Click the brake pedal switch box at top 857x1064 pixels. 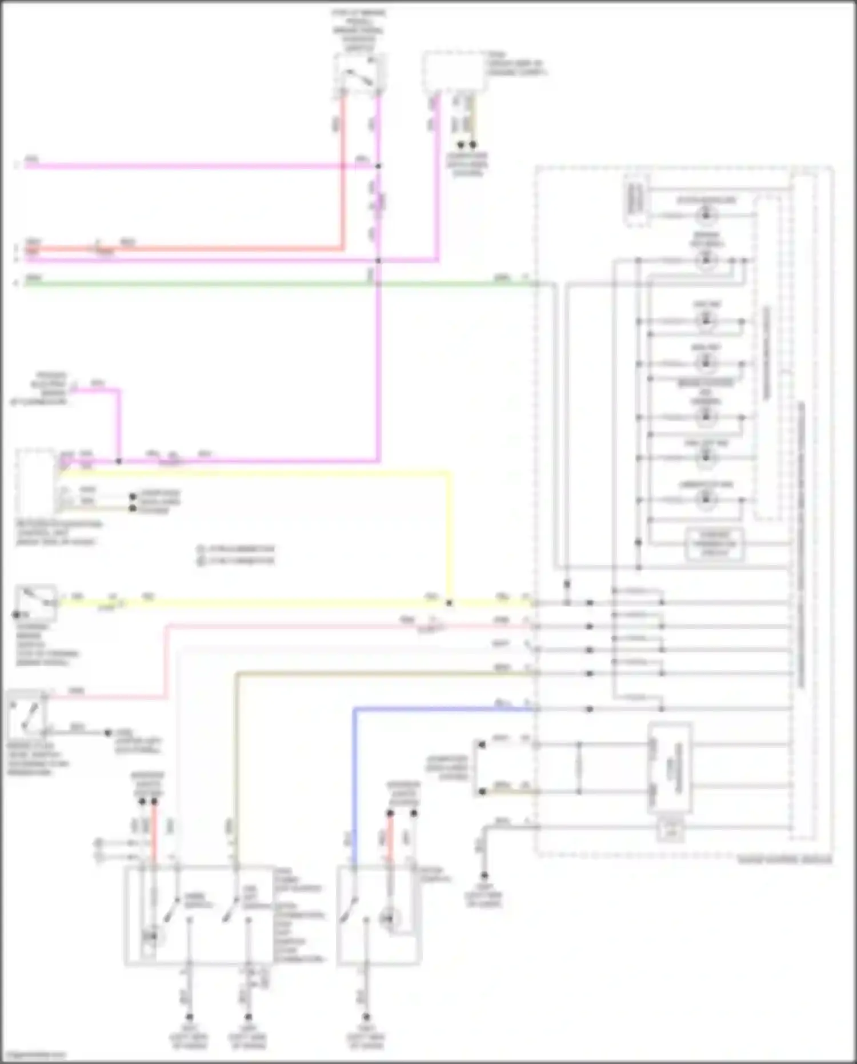[x=360, y=73]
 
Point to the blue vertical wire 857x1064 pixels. [x=355, y=783]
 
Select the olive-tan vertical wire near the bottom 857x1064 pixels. [x=236, y=766]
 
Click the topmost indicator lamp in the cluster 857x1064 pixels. [x=706, y=215]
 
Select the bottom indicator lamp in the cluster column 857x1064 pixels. [x=706, y=499]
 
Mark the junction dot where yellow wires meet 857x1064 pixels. [x=450, y=603]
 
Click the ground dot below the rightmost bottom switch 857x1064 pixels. [x=366, y=1017]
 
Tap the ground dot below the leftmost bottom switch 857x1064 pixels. [x=189, y=1017]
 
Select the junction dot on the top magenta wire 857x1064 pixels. [x=378, y=166]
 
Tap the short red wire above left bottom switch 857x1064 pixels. [x=154, y=832]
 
